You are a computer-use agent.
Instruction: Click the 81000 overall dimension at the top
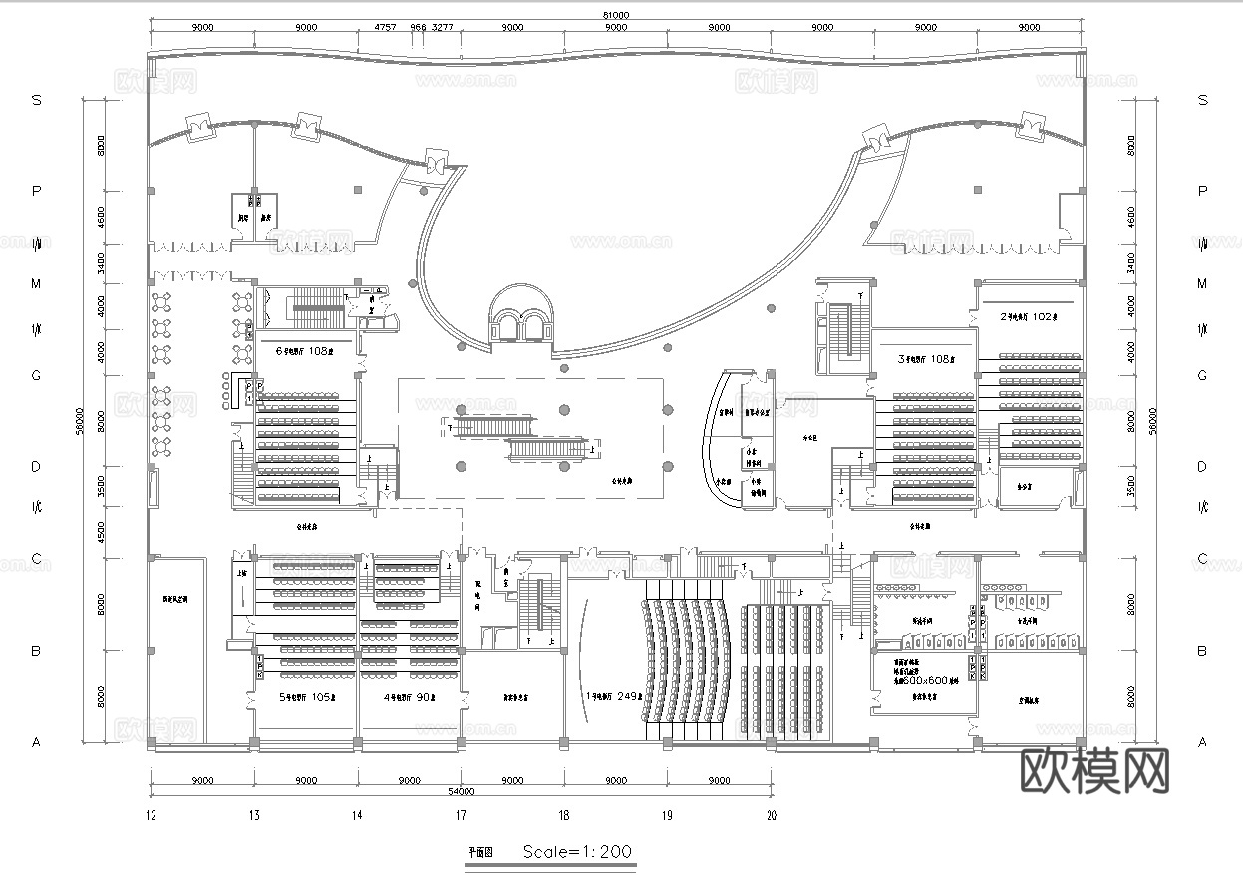pyautogui.click(x=615, y=15)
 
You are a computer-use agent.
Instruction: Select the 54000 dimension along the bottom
pyautogui.click(x=460, y=792)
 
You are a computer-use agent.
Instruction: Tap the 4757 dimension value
pyautogui.click(x=385, y=29)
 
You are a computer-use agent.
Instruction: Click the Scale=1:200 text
pyautogui.click(x=577, y=852)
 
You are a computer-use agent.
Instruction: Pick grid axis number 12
pyautogui.click(x=151, y=816)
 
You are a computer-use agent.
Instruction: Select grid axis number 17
pyautogui.click(x=461, y=816)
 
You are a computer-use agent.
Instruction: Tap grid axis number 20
pyautogui.click(x=771, y=816)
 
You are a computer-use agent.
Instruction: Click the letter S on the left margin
pyautogui.click(x=37, y=100)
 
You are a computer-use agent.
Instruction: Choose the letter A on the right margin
pyautogui.click(x=1202, y=742)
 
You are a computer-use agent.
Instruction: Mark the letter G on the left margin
pyautogui.click(x=37, y=375)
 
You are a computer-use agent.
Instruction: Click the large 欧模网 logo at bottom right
pyautogui.click(x=1094, y=769)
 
